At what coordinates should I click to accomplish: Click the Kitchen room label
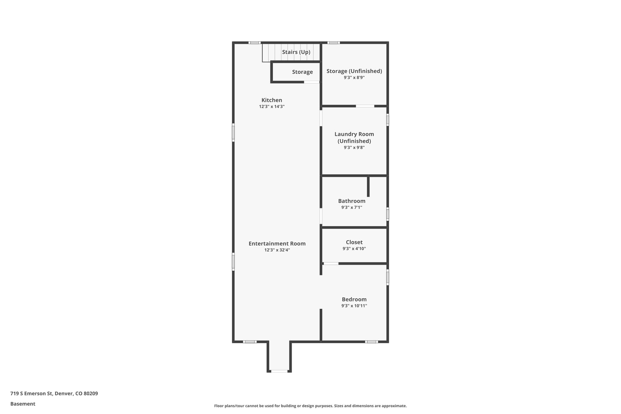pyautogui.click(x=272, y=100)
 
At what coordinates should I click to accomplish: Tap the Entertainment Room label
pyautogui.click(x=277, y=244)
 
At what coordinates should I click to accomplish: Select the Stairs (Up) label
pyautogui.click(x=296, y=52)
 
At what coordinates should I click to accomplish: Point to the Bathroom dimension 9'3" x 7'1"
pyautogui.click(x=352, y=207)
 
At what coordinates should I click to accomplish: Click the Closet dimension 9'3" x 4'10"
pyautogui.click(x=354, y=249)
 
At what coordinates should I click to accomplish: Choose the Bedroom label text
pyautogui.click(x=354, y=300)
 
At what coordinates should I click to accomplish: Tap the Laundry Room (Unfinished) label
pyautogui.click(x=354, y=137)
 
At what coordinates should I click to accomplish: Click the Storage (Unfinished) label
pyautogui.click(x=354, y=71)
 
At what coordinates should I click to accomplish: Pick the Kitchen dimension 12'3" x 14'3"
pyautogui.click(x=272, y=106)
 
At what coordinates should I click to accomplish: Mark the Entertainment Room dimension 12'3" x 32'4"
pyautogui.click(x=277, y=250)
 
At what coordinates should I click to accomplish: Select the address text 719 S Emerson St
pyautogui.click(x=31, y=394)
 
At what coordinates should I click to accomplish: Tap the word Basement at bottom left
pyautogui.click(x=23, y=404)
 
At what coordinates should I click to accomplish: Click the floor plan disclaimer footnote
pyautogui.click(x=310, y=406)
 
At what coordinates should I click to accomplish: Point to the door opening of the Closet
pyautogui.click(x=331, y=264)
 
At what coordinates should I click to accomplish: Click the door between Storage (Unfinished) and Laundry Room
pyautogui.click(x=365, y=106)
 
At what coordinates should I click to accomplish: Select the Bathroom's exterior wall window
pyautogui.click(x=387, y=214)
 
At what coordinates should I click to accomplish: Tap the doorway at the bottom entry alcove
pyautogui.click(x=279, y=371)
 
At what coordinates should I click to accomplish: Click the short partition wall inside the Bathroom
pyautogui.click(x=368, y=186)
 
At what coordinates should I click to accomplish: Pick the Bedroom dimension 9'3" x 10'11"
pyautogui.click(x=354, y=306)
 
